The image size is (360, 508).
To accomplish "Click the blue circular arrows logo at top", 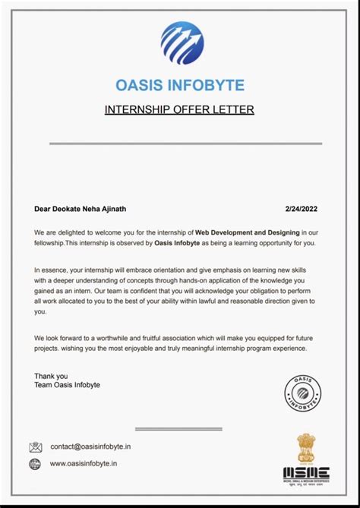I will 182,43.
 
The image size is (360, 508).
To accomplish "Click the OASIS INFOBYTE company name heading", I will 180,85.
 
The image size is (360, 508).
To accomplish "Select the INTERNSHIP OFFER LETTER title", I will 179,110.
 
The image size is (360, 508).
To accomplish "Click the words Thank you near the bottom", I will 51,376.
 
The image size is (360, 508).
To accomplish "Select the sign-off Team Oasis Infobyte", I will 67,386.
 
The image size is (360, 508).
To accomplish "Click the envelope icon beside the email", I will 36,447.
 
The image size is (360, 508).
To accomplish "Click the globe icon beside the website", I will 36,464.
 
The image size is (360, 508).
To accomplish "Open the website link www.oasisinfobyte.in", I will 84,464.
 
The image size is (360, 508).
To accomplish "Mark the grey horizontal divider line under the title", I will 185,143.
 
